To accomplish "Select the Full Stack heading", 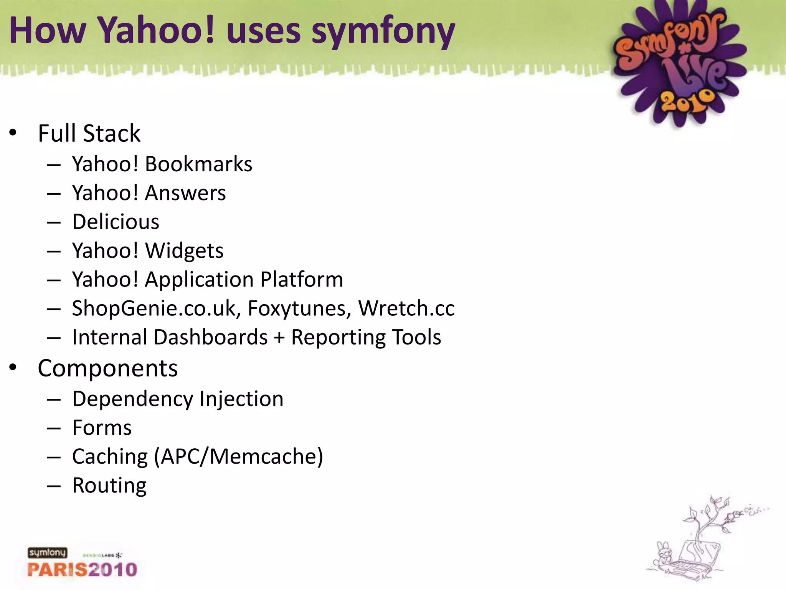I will (x=89, y=134).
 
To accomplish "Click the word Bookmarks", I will (x=198, y=164).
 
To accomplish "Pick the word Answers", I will (x=185, y=193).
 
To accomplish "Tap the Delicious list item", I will (x=116, y=222).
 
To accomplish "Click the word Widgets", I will (x=184, y=251).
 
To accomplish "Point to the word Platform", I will (x=302, y=280).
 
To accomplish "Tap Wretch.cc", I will (x=406, y=308).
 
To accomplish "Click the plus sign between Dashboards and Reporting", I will (x=279, y=338).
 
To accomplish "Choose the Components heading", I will (x=108, y=368).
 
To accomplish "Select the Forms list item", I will (x=102, y=428).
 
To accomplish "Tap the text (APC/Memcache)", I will (x=238, y=457).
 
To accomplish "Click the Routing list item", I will (x=109, y=486).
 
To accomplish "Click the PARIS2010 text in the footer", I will (x=82, y=569).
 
